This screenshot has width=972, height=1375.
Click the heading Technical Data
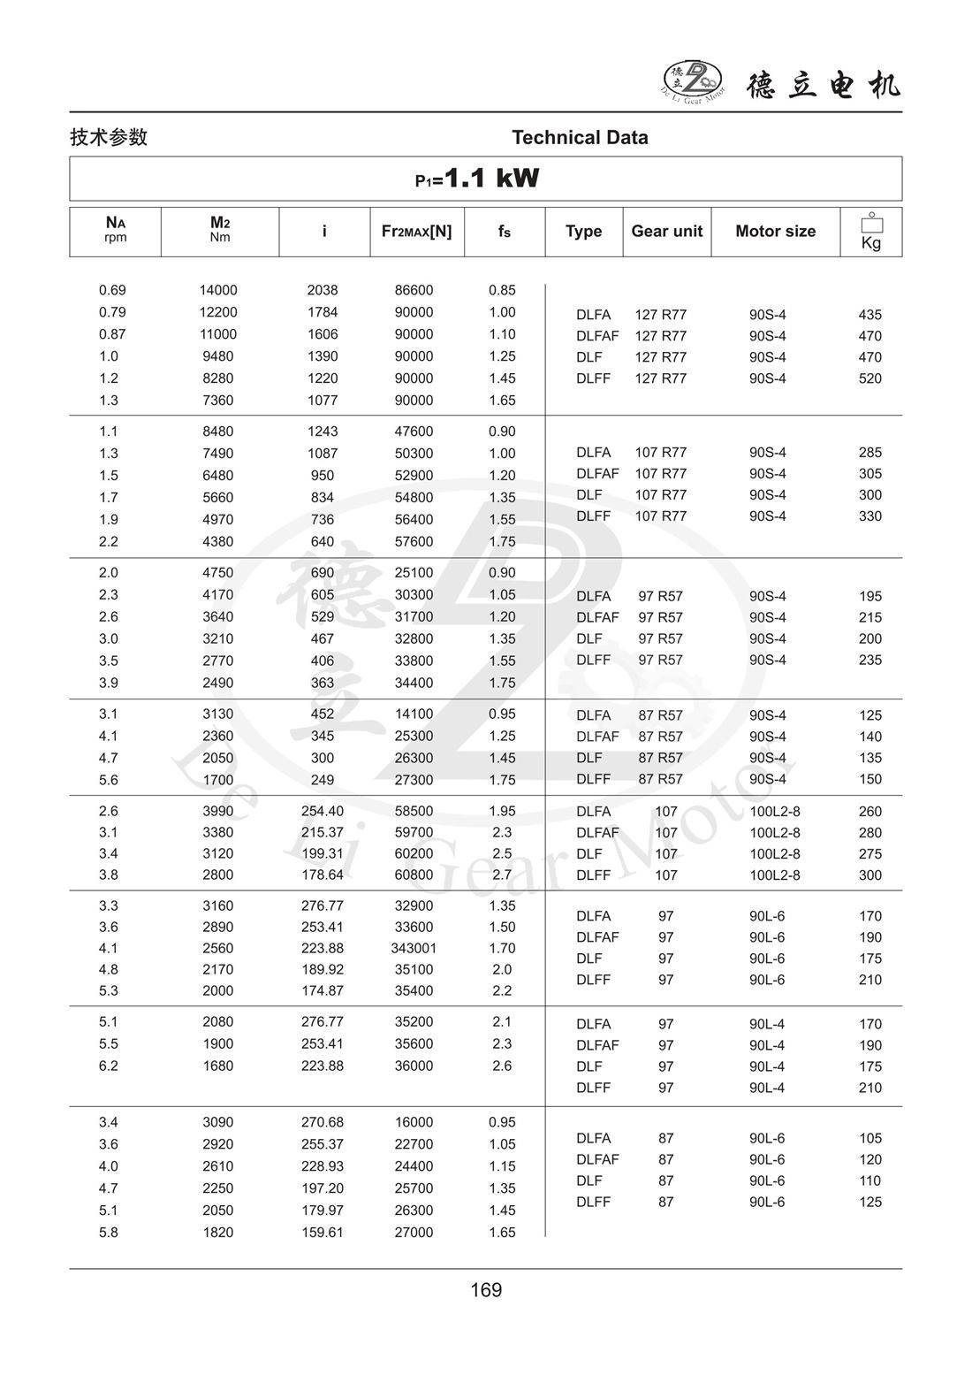(x=580, y=137)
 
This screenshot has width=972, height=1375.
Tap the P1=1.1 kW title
(x=477, y=179)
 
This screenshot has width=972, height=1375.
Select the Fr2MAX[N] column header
(x=416, y=232)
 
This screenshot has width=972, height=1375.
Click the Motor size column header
(x=775, y=232)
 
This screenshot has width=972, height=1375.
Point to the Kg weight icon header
(x=870, y=232)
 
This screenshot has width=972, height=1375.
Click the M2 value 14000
(x=218, y=290)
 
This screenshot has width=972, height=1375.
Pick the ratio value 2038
(x=323, y=290)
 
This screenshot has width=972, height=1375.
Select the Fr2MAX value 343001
(x=414, y=948)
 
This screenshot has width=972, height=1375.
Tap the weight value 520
(x=869, y=378)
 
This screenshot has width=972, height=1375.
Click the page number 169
(x=486, y=1290)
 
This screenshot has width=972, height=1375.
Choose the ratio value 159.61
(x=323, y=1232)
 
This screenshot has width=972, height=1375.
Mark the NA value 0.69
(x=112, y=290)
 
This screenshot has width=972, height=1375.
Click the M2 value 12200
(x=218, y=312)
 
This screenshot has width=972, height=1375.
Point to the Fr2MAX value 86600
(x=414, y=290)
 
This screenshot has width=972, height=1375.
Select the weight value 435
(x=869, y=315)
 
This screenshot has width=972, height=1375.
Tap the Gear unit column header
(x=666, y=232)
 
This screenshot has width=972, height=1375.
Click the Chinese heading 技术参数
(x=109, y=137)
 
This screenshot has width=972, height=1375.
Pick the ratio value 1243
(x=323, y=432)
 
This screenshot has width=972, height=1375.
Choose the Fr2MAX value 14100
(x=414, y=714)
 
